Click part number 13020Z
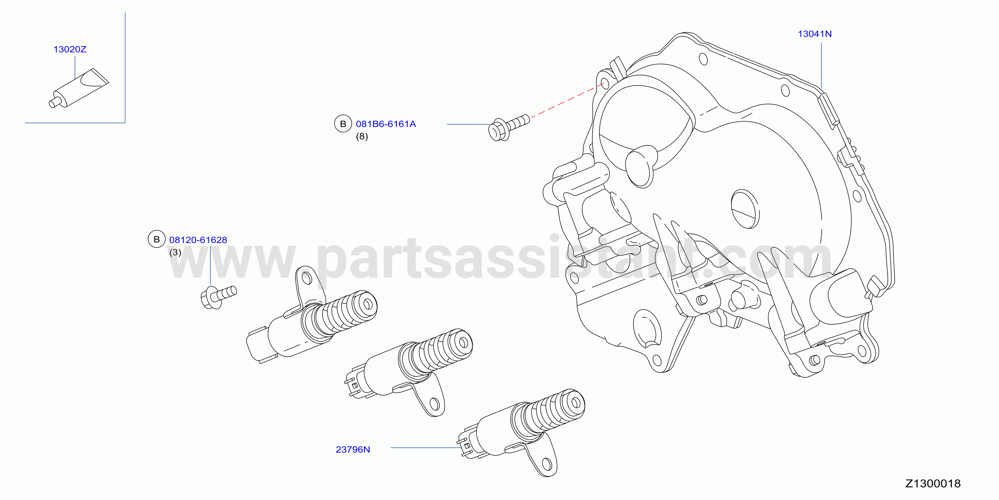coord(70,49)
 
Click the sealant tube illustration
coord(79,88)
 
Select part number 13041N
coord(814,34)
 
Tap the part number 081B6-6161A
coord(386,124)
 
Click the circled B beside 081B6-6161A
coord(343,124)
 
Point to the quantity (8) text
coord(362,136)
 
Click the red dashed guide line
coord(567,100)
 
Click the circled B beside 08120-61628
coord(157,239)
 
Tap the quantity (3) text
coord(175,252)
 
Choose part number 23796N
coord(352,449)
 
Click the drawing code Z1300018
coord(933,483)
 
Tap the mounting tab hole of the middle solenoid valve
coord(435,404)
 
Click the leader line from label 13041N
coord(821,66)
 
